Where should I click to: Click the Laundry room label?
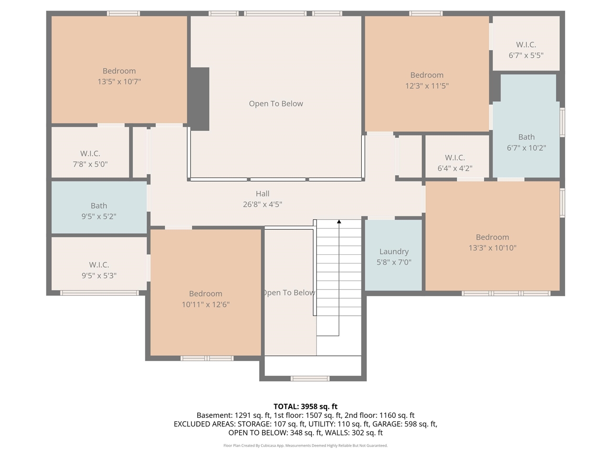(394, 251)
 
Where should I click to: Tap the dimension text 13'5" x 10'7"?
(119, 82)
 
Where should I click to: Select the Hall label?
(263, 194)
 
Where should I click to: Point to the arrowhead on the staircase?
(339, 221)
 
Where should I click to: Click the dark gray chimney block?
(199, 99)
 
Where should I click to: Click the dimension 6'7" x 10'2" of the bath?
(526, 148)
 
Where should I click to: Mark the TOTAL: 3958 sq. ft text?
(305, 406)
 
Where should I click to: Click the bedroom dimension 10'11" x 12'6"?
(206, 304)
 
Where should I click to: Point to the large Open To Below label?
(276, 104)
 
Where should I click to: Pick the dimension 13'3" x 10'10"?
(492, 248)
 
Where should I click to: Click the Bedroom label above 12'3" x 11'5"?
(427, 75)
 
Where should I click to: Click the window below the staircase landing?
(310, 379)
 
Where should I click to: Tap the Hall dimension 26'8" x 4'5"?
(263, 204)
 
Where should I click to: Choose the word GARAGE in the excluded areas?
(389, 424)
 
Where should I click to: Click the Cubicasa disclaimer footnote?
(305, 446)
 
